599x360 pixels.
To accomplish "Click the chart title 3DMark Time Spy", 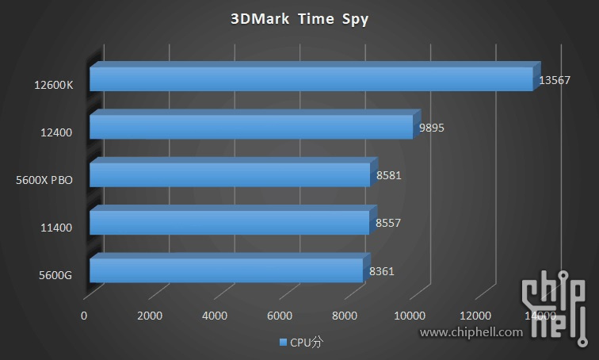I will coord(299,20).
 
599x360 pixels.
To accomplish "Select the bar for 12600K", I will coord(311,79).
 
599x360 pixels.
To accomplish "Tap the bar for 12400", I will coord(251,127).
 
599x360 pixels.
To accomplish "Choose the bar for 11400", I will coord(229,223).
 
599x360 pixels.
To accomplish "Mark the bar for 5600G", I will coord(226,270).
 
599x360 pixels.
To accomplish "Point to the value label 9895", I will coord(432,128).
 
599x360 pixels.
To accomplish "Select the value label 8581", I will coord(387,175).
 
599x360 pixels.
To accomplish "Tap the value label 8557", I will coord(387,224).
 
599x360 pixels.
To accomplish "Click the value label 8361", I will coord(382,272).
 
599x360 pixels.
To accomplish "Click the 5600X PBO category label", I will coord(44,181).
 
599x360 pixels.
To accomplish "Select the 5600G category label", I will coord(55,276).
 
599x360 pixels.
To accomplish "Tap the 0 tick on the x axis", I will coord(84,316).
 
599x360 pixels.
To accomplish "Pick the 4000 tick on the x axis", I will coord(215,316).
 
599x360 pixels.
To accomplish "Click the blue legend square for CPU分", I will coord(283,343).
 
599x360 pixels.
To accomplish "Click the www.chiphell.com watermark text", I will coord(471,333).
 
